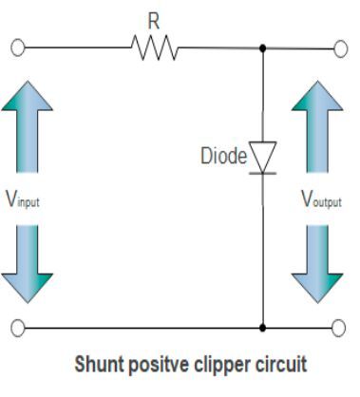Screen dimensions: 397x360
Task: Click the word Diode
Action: pos(224,153)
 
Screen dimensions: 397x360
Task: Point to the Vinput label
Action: pos(21,201)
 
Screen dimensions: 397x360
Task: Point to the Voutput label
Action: pos(322,201)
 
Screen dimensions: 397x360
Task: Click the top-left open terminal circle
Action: pos(17,46)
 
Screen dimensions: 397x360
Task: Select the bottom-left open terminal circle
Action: pos(17,328)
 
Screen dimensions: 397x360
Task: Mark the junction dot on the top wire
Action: pos(263,46)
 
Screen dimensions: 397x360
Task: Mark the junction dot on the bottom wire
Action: pos(263,328)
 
